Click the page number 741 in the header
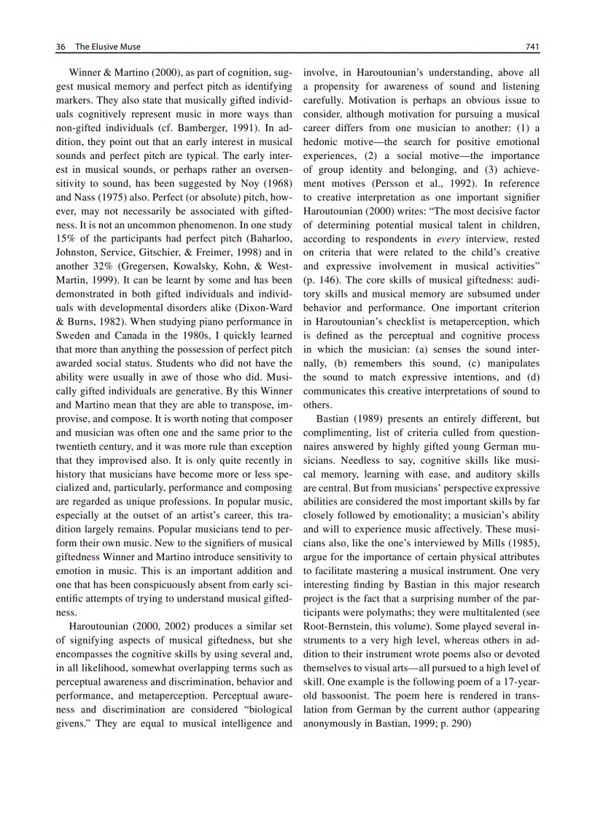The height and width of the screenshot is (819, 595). pos(532,47)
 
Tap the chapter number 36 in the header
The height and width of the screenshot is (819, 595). pos(61,47)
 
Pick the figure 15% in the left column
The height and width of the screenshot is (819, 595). pos(68,238)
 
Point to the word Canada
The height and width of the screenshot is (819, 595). pos(133,335)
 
